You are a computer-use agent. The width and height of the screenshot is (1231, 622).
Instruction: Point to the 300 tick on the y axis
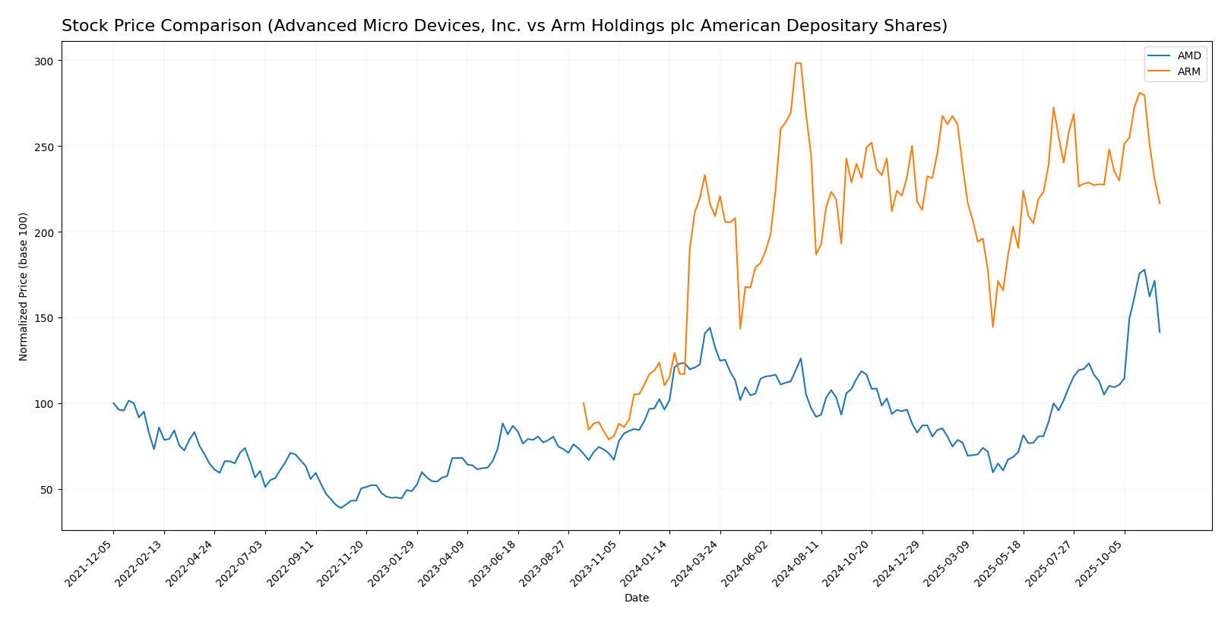pyautogui.click(x=45, y=61)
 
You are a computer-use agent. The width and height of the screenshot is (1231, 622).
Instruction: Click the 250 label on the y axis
pyautogui.click(x=45, y=147)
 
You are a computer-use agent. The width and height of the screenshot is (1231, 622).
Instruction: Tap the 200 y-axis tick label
pyautogui.click(x=45, y=232)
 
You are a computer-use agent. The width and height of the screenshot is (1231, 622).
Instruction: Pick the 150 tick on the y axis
pyautogui.click(x=45, y=318)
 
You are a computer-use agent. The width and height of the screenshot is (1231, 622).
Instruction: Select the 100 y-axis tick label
pyautogui.click(x=45, y=404)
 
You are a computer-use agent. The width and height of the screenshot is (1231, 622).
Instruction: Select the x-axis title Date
pyautogui.click(x=637, y=598)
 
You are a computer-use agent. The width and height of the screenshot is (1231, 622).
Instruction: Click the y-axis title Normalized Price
pyautogui.click(x=24, y=286)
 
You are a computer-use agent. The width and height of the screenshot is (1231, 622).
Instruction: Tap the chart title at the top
pyautogui.click(x=504, y=27)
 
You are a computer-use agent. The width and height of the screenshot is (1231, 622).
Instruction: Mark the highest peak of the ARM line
pyautogui.click(x=798, y=63)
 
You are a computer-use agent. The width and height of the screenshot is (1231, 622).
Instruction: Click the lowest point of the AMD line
pyautogui.click(x=341, y=507)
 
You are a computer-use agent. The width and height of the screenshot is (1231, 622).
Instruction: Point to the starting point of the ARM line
pyautogui.click(x=584, y=403)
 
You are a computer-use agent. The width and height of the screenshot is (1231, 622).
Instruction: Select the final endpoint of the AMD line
pyautogui.click(x=1160, y=332)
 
